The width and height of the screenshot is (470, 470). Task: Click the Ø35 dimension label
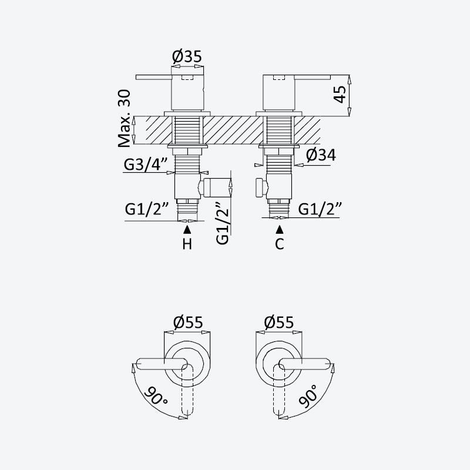[187, 56]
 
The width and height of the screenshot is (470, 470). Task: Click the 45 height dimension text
[341, 95]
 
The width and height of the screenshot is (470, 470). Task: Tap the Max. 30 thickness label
[125, 119]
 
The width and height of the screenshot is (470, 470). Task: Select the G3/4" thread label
[146, 164]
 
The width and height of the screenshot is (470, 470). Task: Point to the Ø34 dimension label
[321, 155]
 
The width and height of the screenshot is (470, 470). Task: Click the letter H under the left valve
[187, 244]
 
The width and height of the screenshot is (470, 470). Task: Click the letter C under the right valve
[280, 244]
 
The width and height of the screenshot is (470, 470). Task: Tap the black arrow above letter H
[187, 229]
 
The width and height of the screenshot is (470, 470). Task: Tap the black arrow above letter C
[280, 229]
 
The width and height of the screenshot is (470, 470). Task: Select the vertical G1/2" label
[223, 223]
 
